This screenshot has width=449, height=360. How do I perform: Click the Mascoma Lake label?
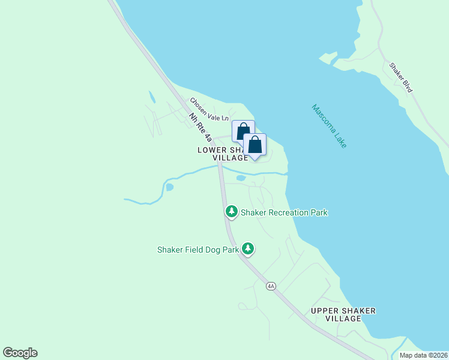330,127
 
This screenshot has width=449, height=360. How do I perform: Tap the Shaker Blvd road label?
400,77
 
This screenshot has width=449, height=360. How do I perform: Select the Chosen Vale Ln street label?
209,109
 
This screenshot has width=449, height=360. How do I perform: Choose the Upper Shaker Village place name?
343,314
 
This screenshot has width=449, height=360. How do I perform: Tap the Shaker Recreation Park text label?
284,212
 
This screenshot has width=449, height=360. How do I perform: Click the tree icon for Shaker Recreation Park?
231,211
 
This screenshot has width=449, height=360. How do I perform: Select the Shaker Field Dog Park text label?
198,250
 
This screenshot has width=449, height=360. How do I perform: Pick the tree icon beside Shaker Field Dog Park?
247,249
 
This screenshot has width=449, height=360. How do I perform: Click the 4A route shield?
271,286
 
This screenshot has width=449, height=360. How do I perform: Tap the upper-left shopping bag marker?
243,131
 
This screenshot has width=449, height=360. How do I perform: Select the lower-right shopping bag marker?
255,145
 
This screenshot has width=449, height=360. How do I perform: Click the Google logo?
20,353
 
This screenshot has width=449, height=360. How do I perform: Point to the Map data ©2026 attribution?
423,355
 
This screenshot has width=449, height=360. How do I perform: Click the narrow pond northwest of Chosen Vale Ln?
151,97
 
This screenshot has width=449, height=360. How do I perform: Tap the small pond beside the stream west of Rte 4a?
169,187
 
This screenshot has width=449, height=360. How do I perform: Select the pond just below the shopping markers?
241,178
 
